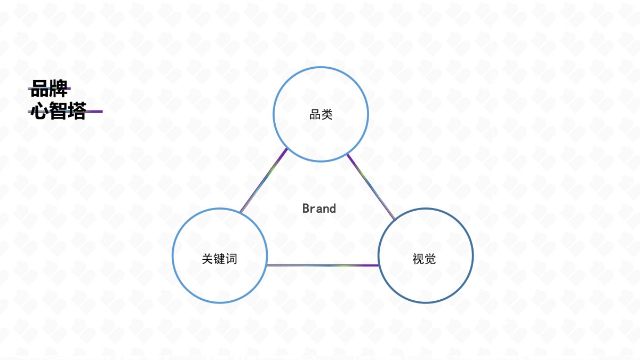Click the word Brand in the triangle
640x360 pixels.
pos(319,209)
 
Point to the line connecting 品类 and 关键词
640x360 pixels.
pos(263,181)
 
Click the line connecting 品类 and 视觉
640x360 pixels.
pos(371,187)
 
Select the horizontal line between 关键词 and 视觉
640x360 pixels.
pos(323,266)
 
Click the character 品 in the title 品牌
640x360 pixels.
pos(39,89)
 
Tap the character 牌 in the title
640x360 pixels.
pos(58,89)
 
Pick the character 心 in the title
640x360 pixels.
pos(39,111)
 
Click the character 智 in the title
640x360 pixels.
pos(58,111)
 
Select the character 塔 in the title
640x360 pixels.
pos(77,111)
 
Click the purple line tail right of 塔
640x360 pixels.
pos(94,111)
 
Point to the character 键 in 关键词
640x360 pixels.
pos(219,259)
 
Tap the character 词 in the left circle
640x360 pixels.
pos(231,259)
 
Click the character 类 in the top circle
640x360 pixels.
pos(327,115)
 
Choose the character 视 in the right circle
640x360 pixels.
pos(418,259)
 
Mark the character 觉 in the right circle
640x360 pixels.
pos(430,259)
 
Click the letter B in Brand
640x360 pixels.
pos(306,209)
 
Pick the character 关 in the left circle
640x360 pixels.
pos(207,259)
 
